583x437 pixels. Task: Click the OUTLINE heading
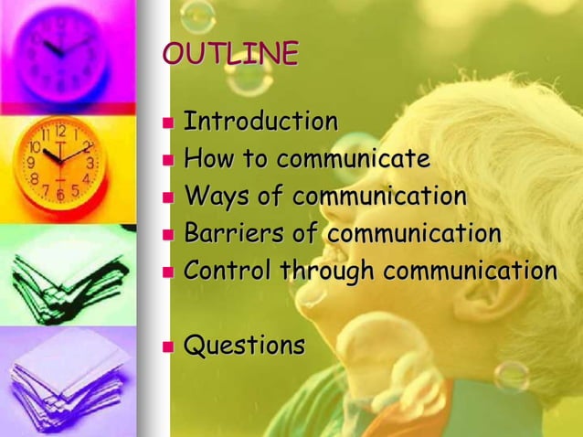click(230, 54)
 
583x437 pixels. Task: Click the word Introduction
click(260, 121)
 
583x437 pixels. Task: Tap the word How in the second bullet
click(207, 159)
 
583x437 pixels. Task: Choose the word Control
click(228, 271)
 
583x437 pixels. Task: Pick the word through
click(328, 272)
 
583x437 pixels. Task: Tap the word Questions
click(244, 346)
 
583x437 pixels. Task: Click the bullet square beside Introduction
click(167, 123)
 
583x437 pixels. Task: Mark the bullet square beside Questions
click(167, 347)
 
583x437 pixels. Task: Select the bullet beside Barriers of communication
click(167, 235)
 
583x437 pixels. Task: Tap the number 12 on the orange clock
click(60, 130)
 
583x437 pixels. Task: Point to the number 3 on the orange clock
click(90, 162)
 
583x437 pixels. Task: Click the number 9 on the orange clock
click(30, 163)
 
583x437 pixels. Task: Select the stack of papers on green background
click(66, 274)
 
